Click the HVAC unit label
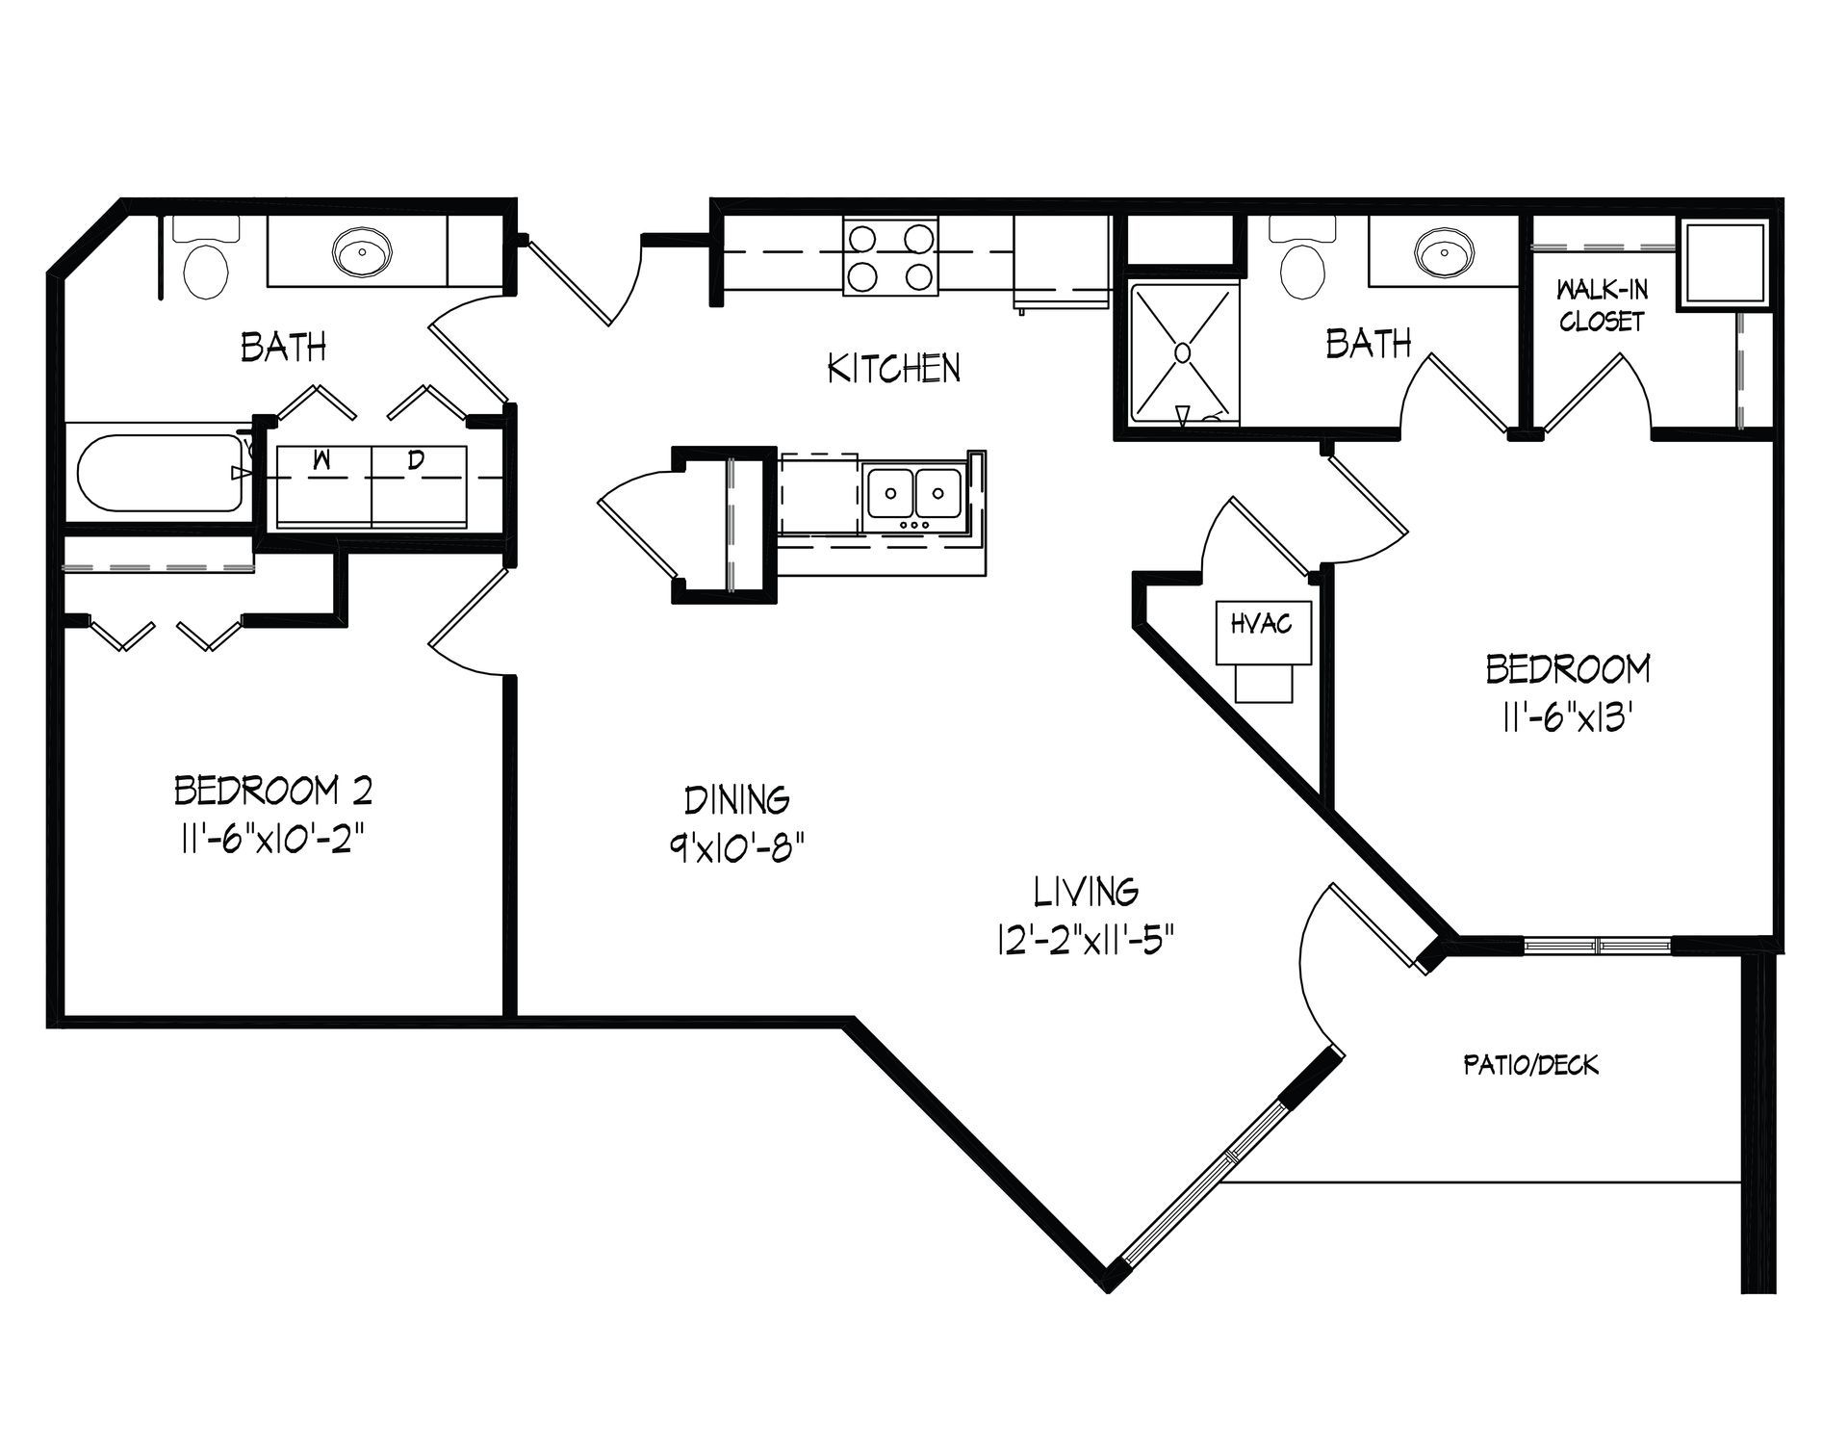coord(1261,625)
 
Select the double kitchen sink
coord(915,493)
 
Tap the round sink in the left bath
coord(362,252)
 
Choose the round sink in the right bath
coord(1444,252)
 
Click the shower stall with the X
coord(1184,353)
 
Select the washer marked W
coord(323,486)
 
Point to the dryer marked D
coord(419,486)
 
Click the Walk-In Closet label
coord(1601,305)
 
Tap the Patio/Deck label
coord(1530,1064)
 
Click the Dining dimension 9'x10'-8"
coord(737,848)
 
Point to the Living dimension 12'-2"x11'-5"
coord(1087,938)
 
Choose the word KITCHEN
coord(894,368)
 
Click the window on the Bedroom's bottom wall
coord(1599,945)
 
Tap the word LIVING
coord(1087,892)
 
